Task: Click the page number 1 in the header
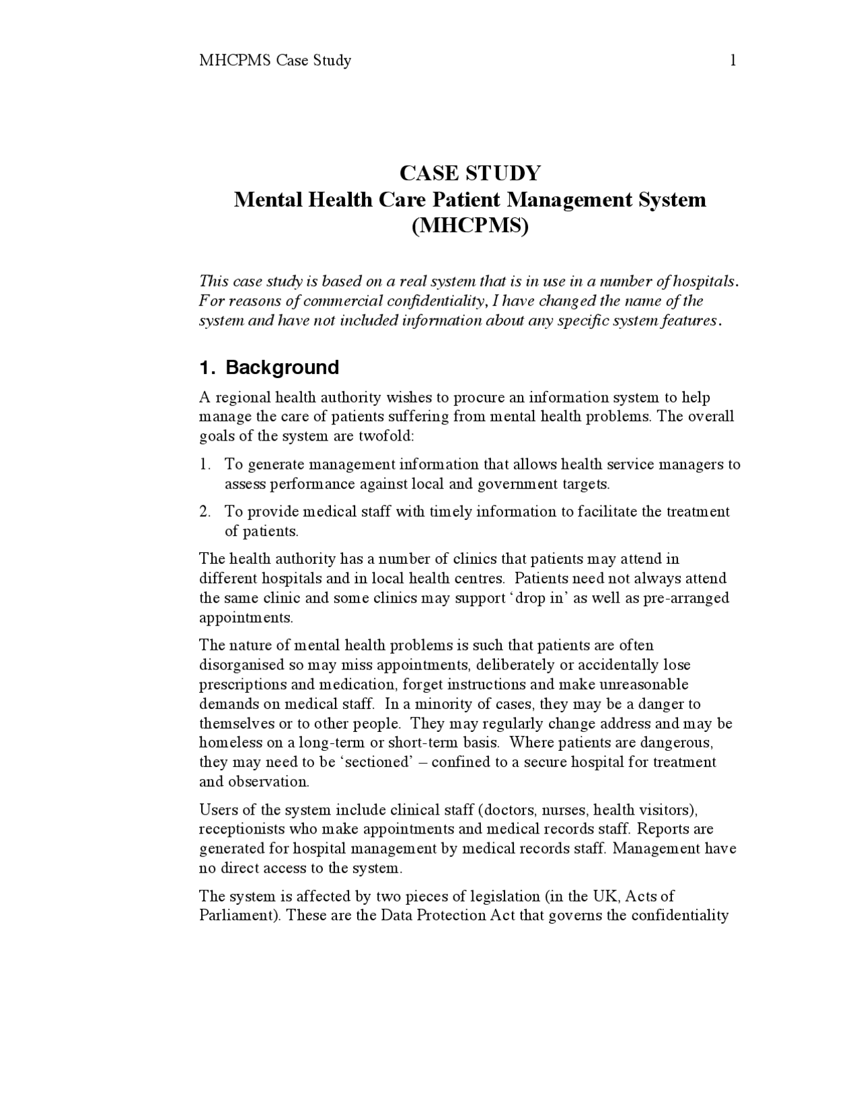pos(733,61)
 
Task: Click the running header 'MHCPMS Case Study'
pos(275,61)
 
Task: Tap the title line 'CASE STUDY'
pos(470,174)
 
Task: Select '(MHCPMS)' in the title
pos(470,226)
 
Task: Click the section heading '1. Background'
pos(269,367)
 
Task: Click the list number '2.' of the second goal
pos(205,512)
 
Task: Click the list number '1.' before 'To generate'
pos(205,465)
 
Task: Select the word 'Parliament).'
pos(239,916)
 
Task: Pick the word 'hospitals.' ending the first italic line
pos(706,281)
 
